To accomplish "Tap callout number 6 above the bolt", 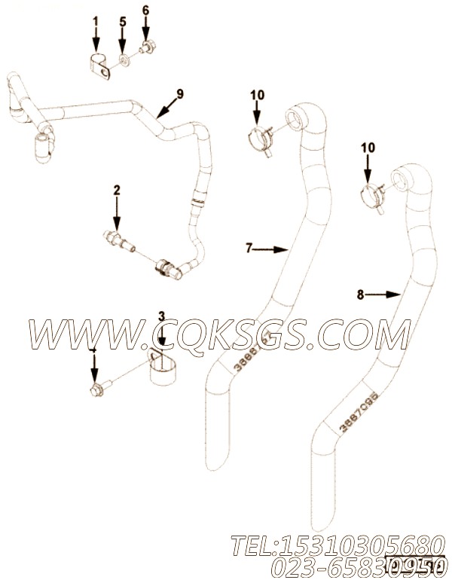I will [145, 10].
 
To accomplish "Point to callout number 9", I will [180, 93].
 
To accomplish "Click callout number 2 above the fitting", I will [117, 189].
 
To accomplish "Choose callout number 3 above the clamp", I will [160, 315].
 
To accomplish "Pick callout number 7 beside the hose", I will [250, 247].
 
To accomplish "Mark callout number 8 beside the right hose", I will [360, 295].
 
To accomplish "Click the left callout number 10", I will [256, 94].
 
